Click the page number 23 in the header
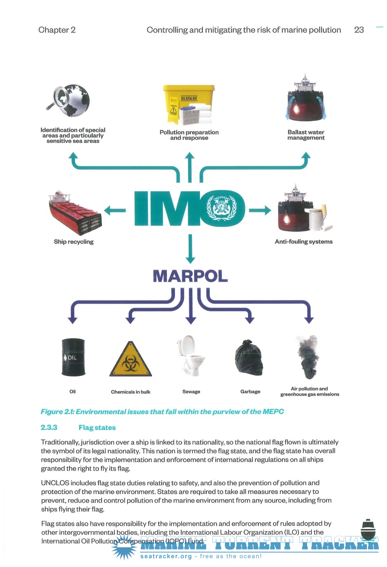359,30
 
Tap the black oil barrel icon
73,357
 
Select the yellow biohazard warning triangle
130,359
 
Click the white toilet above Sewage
191,356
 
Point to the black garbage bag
249,357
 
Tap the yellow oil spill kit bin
188,105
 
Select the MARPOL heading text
190,276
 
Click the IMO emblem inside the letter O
221,208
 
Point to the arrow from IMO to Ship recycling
115,210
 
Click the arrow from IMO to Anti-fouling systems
260,210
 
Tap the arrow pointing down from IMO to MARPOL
190,249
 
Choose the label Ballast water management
306,135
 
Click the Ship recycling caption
74,242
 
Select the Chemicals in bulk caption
130,392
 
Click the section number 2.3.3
49,428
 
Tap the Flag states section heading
97,428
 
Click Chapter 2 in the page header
57,30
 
